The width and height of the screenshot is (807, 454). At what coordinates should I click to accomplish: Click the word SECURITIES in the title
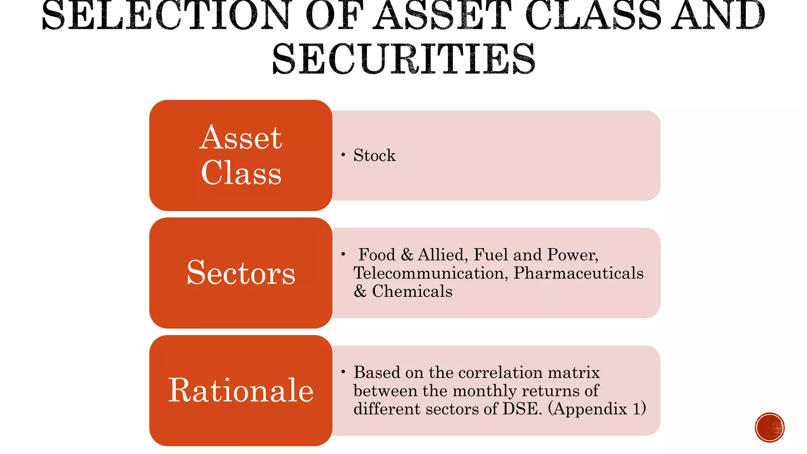(x=403, y=59)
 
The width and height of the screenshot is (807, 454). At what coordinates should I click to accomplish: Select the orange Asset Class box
(x=241, y=155)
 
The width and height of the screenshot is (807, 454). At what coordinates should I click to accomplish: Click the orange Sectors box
(x=241, y=273)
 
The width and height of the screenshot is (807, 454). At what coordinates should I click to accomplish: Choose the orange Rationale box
(x=241, y=391)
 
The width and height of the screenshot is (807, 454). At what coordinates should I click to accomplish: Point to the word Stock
(x=374, y=155)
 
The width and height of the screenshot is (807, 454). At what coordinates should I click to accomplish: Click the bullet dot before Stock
(x=343, y=155)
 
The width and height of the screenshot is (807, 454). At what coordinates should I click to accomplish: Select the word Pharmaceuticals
(x=578, y=273)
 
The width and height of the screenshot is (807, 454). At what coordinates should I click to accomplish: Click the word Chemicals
(x=412, y=291)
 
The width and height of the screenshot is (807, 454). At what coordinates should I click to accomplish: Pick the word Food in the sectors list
(x=377, y=255)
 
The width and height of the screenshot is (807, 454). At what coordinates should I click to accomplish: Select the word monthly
(x=485, y=391)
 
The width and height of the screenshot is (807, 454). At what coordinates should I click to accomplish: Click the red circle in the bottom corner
(x=770, y=428)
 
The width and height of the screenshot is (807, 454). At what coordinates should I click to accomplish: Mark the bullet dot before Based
(x=343, y=372)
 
